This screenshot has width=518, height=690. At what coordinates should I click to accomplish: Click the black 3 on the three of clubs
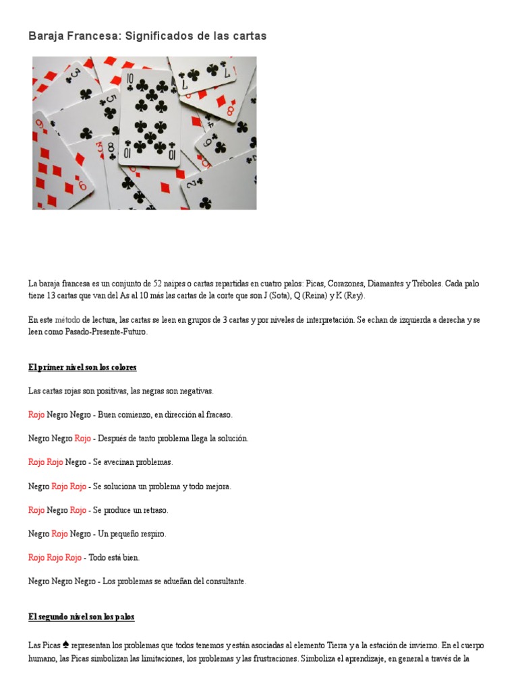pos(76,73)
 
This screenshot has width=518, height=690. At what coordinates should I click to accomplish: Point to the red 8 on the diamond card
pos(231,110)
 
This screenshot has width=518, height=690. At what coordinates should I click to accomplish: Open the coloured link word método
pos(67,319)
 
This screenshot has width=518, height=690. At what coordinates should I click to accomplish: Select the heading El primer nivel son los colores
pos(82,367)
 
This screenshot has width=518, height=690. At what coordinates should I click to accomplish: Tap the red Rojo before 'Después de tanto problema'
pos(82,438)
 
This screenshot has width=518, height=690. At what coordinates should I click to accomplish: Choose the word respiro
pos(152,534)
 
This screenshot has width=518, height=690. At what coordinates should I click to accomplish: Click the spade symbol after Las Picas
pos(65,645)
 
